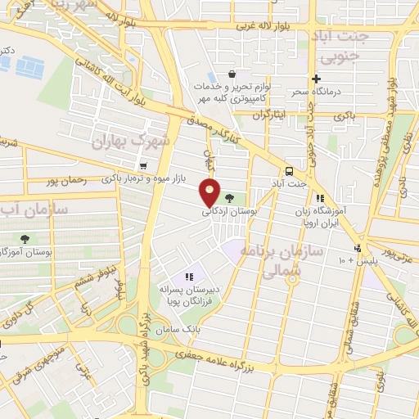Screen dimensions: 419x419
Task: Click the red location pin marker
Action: (x=211, y=192)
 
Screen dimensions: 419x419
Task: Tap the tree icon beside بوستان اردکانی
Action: (x=228, y=197)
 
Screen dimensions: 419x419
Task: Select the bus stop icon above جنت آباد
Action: (x=288, y=171)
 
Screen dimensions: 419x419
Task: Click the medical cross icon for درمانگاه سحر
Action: (x=316, y=79)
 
